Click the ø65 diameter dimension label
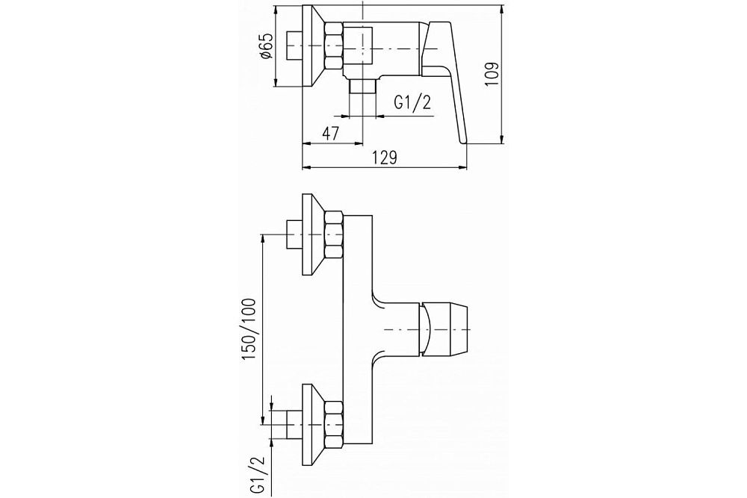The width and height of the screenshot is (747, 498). (266, 46)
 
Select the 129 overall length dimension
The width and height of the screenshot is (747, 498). (385, 157)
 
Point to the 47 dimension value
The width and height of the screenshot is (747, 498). (330, 134)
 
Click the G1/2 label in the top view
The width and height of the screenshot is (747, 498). (412, 102)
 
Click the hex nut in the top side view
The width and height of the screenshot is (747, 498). (333, 46)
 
